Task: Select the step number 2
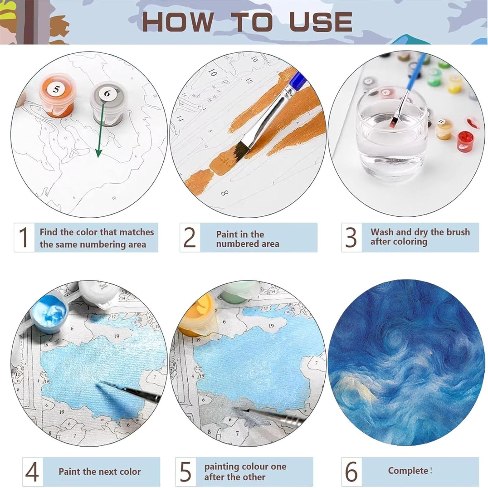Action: coord(190,237)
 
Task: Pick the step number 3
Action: coord(351,237)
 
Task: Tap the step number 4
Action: coord(32,471)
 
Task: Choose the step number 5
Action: coord(185,471)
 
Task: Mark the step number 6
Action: coord(351,471)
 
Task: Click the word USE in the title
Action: coord(320,22)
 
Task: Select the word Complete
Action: coord(408,471)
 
